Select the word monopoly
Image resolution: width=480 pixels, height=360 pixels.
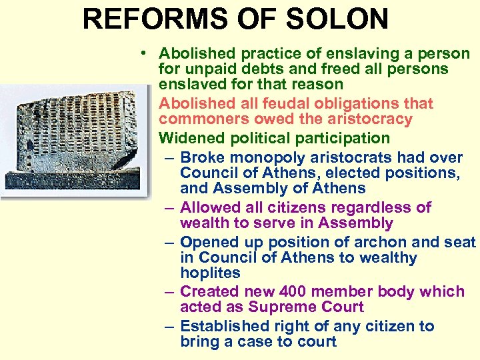point(259,158)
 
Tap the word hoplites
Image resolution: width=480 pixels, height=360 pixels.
point(210,274)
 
